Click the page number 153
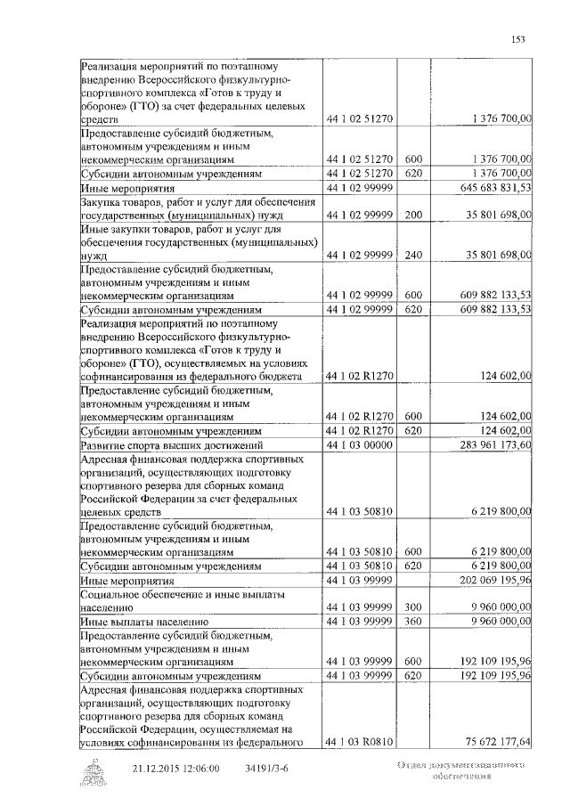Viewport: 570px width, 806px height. pos(517,37)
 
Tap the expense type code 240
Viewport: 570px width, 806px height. pos(412,256)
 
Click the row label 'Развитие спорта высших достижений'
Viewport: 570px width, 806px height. pos(171,444)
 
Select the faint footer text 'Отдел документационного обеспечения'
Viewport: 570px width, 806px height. pos(460,771)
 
